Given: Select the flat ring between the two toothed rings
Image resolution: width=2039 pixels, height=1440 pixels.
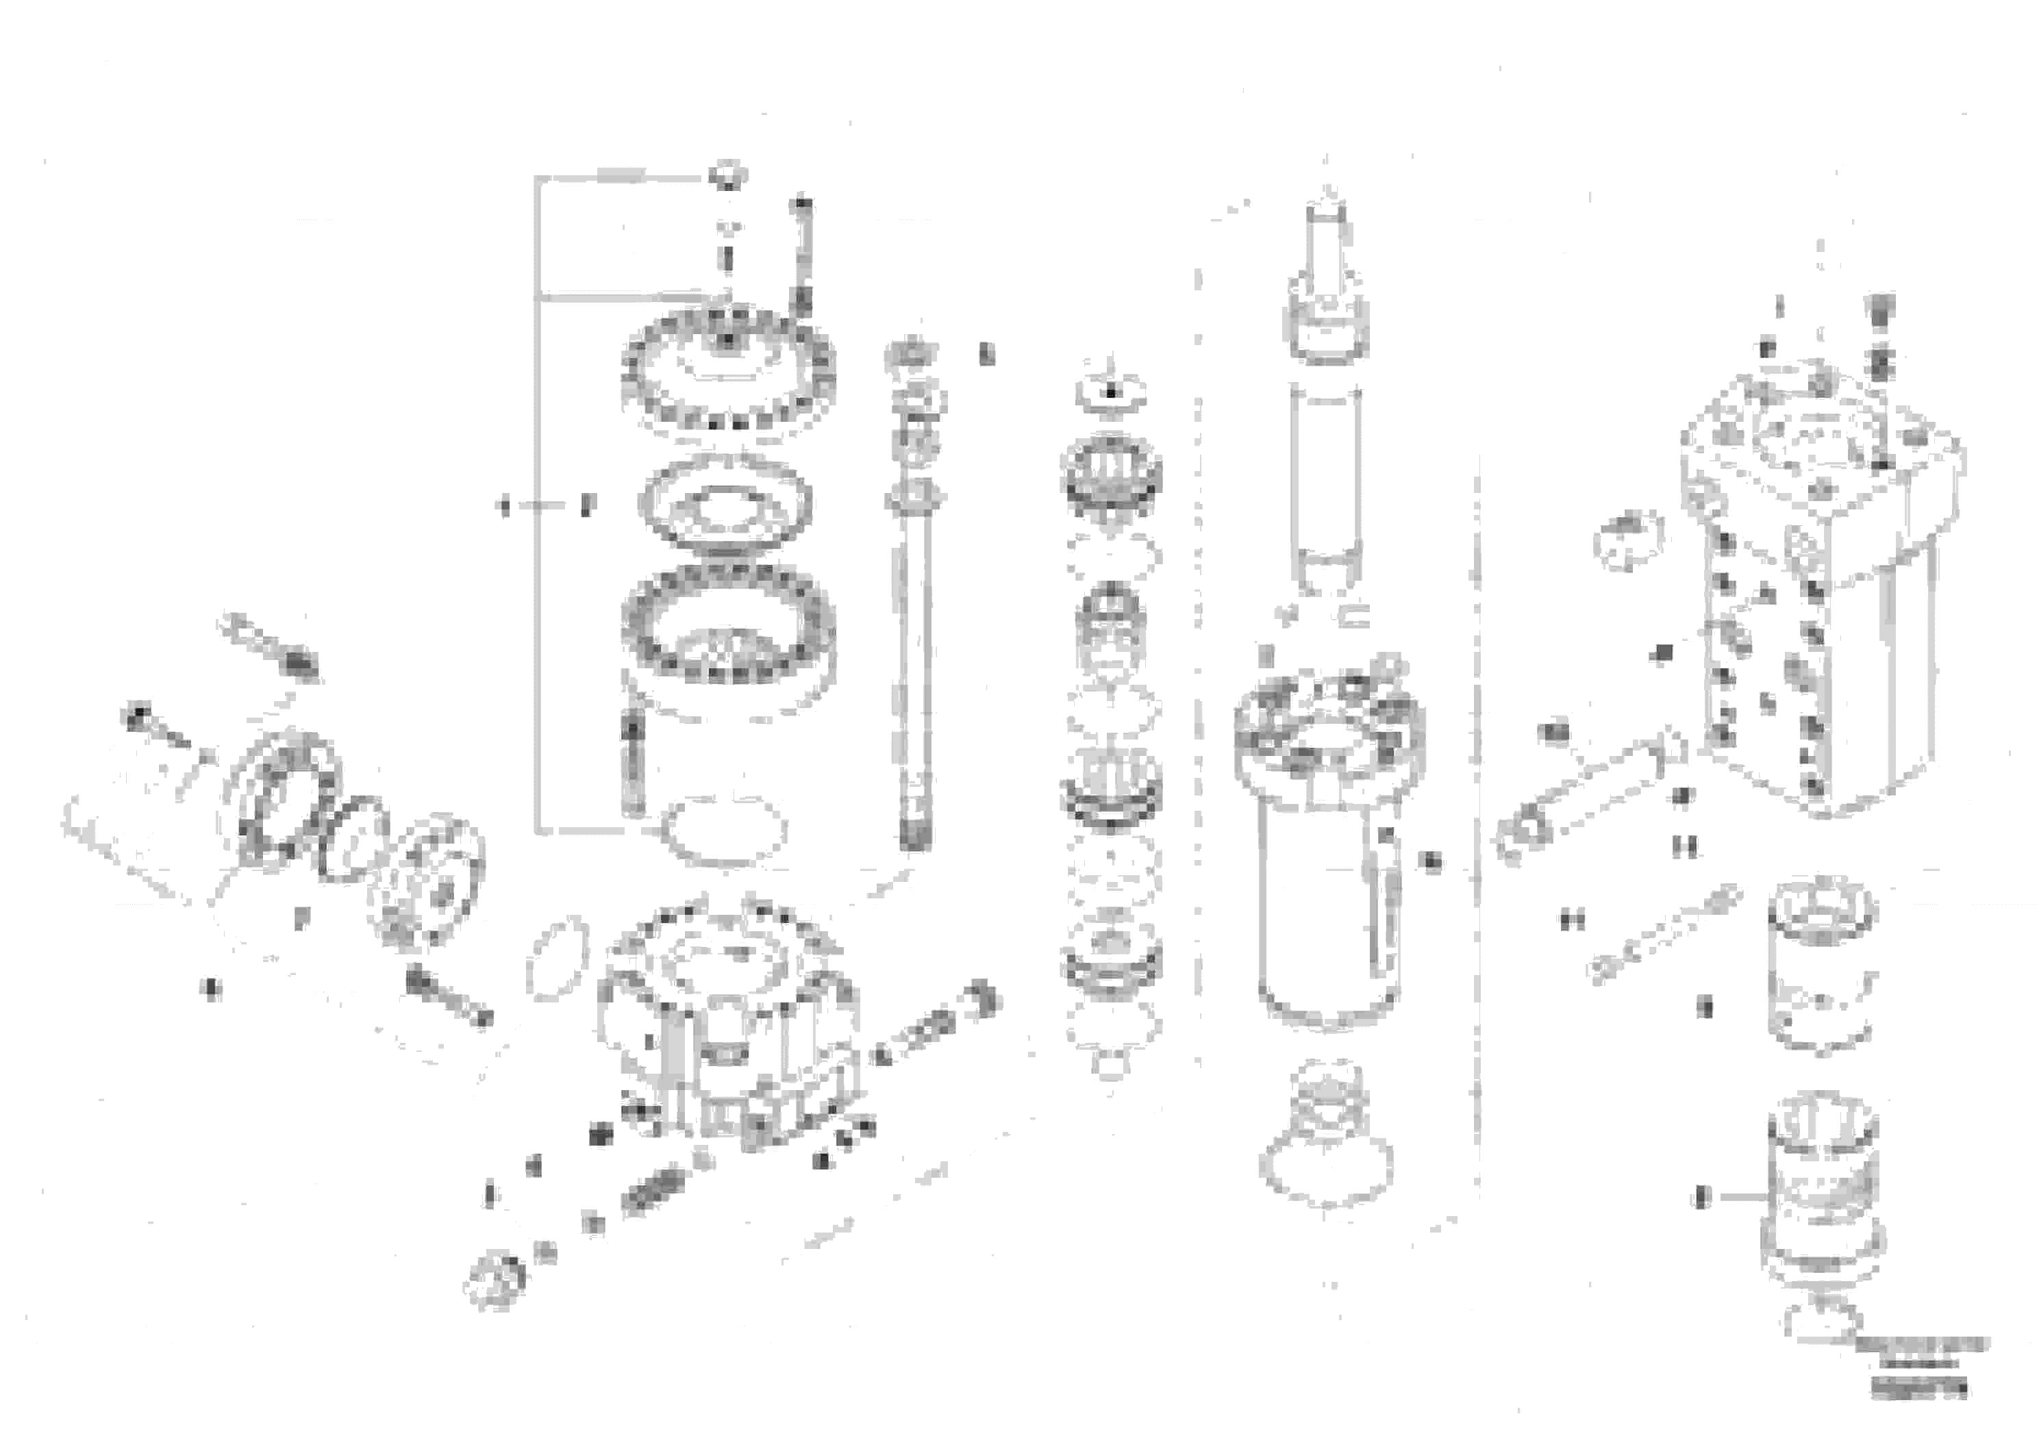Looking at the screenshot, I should (727, 504).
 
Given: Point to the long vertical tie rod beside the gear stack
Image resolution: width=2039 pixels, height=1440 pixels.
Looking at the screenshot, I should (915, 674).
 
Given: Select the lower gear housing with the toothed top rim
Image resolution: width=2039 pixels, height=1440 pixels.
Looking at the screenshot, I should (728, 1021).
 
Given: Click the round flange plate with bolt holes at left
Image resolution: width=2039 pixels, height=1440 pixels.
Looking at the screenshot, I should (426, 879).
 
